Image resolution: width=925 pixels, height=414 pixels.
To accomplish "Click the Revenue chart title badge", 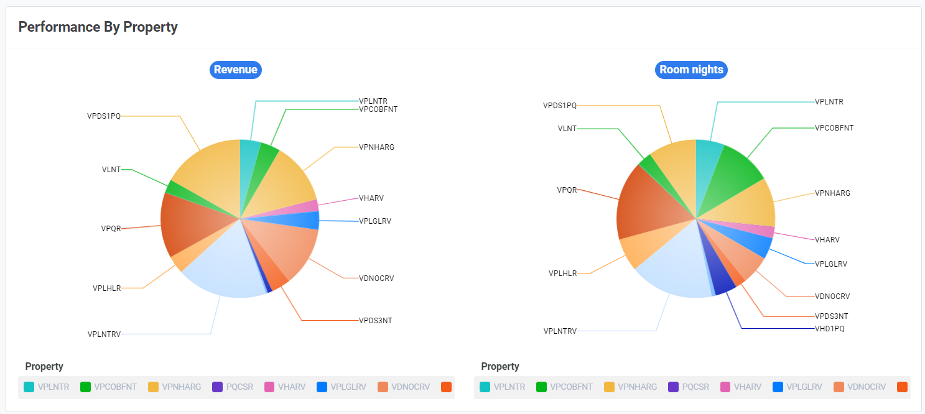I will click(236, 70).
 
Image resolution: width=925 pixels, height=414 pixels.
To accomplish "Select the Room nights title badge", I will click(691, 70).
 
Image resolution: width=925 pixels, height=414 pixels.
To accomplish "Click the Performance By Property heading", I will click(98, 27).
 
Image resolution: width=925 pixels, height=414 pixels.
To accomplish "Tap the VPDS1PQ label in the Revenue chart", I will click(104, 116).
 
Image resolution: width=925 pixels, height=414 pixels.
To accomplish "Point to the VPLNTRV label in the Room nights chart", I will click(560, 331).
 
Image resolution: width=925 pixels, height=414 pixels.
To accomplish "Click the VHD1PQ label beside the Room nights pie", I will click(830, 328).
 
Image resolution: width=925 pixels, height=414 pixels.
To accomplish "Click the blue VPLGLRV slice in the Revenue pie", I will click(308, 220).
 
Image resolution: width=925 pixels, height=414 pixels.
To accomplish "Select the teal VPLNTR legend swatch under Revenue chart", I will click(29, 387).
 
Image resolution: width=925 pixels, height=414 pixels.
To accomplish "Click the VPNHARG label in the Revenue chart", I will click(376, 147).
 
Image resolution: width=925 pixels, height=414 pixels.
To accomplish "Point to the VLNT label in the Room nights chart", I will click(567, 129).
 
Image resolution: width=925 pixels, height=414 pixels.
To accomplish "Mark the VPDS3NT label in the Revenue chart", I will click(375, 321).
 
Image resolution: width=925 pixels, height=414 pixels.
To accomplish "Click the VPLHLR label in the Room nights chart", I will click(562, 273).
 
